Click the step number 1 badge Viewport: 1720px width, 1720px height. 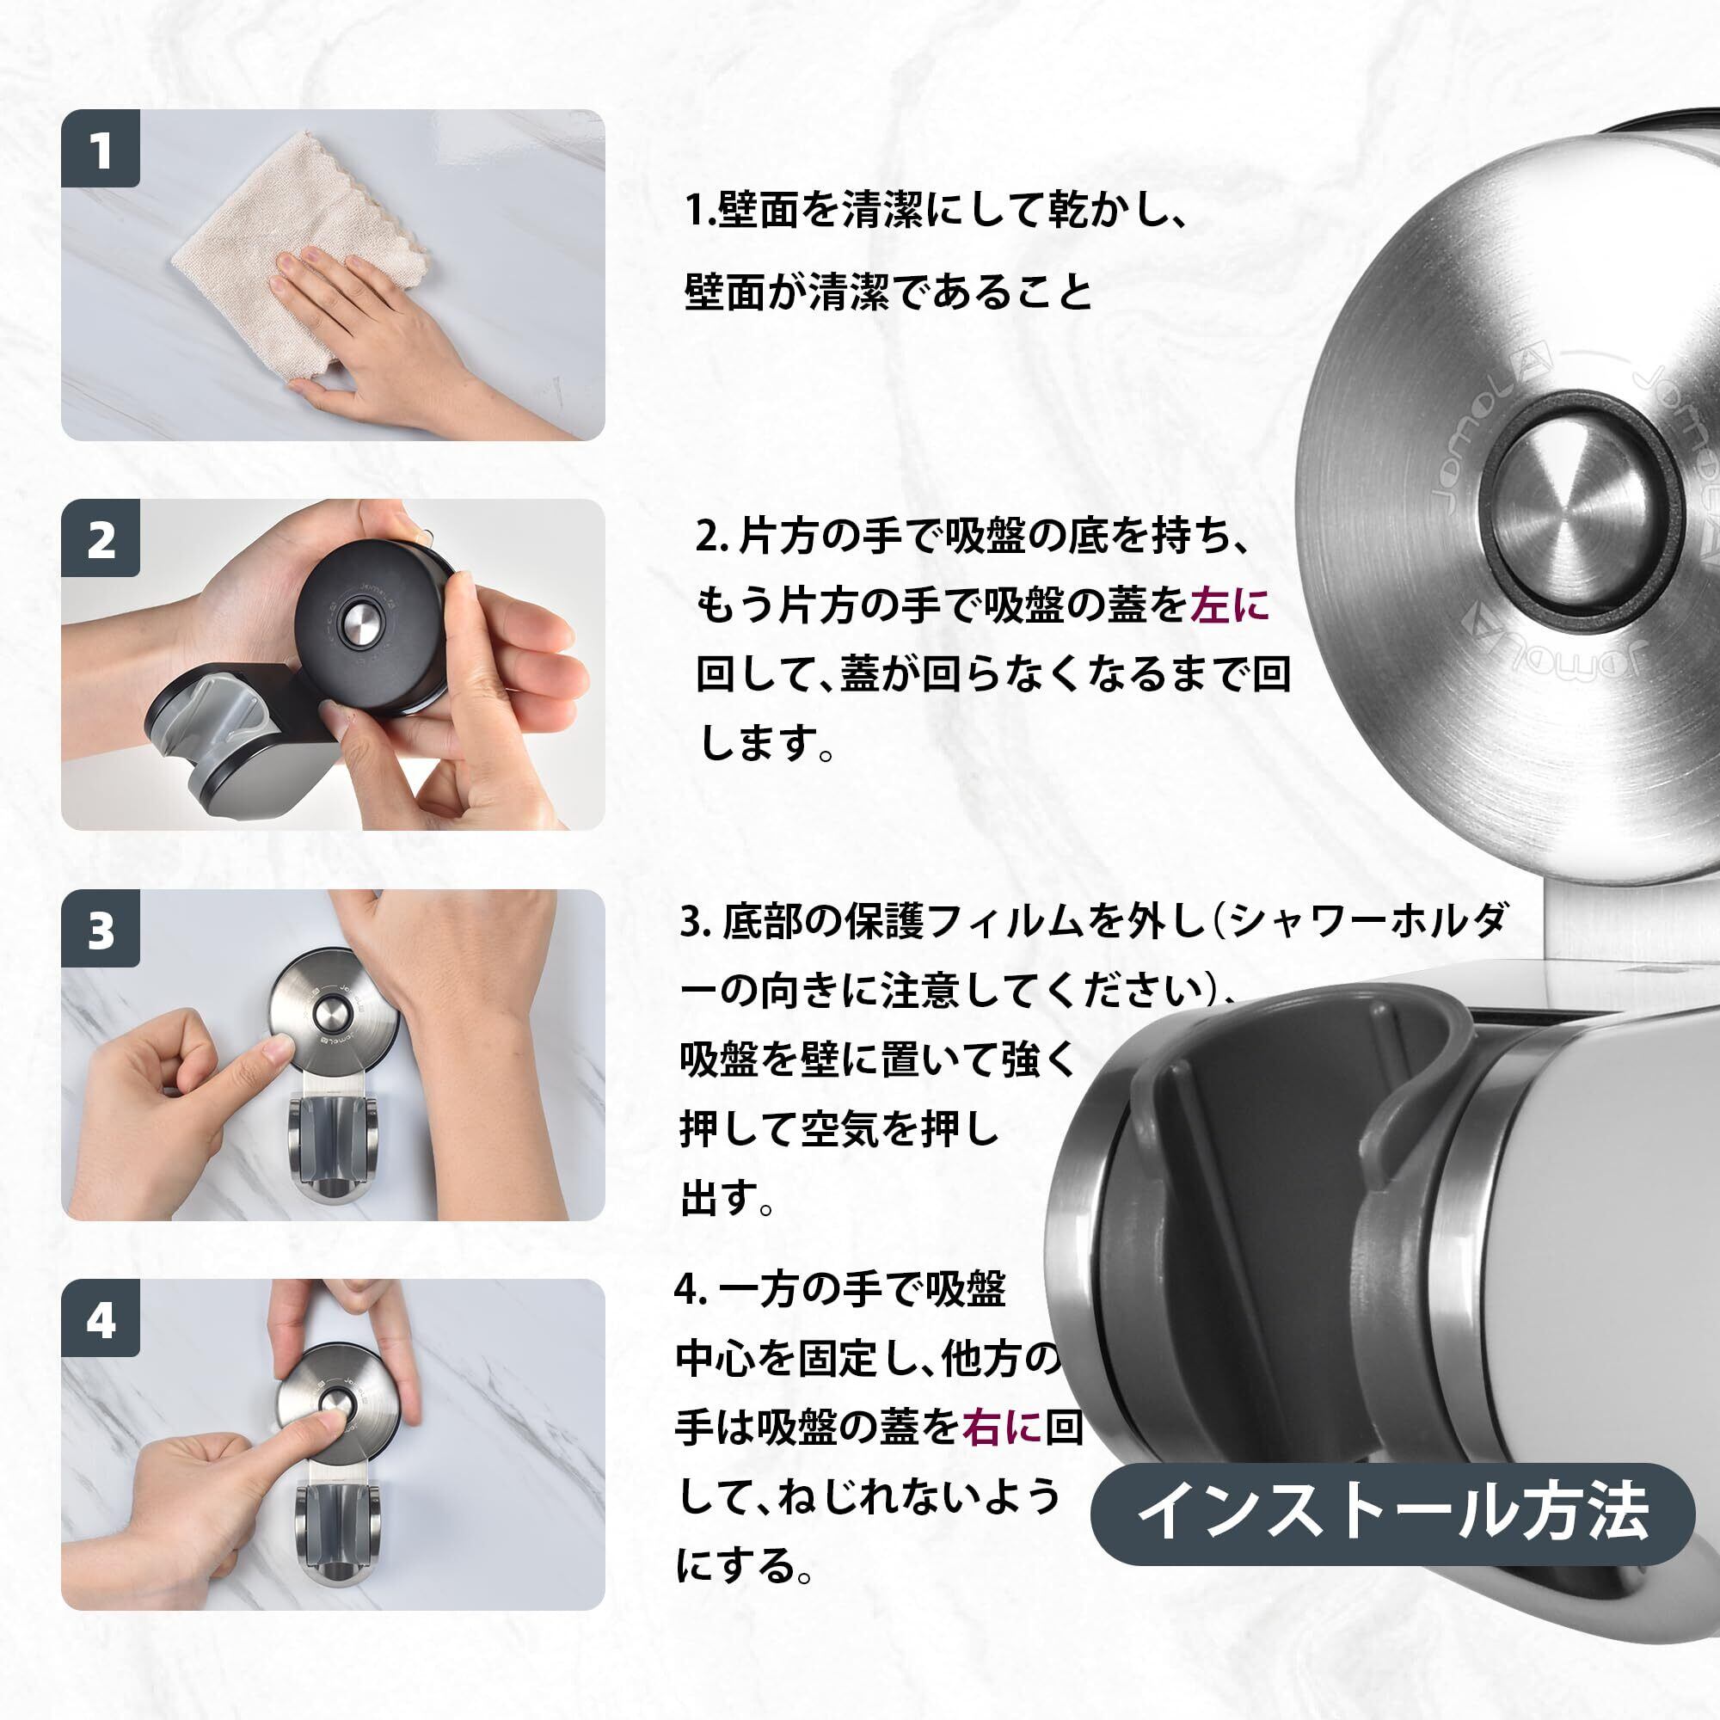coord(101,149)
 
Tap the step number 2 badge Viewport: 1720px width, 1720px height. coord(101,538)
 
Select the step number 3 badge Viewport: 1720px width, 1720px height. coord(101,929)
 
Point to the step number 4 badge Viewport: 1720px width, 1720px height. coord(101,1318)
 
